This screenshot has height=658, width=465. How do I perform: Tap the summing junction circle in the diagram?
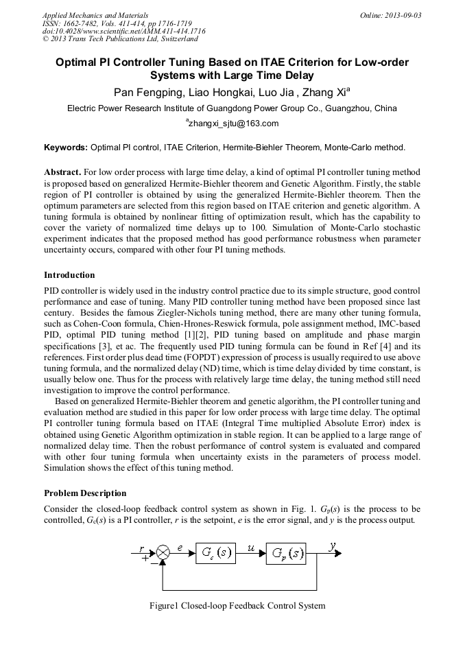point(163,552)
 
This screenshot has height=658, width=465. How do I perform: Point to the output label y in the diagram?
point(333,546)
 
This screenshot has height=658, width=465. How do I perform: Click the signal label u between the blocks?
point(251,548)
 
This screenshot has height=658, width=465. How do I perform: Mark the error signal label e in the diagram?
point(180,548)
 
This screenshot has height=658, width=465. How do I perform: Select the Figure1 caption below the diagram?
point(237,606)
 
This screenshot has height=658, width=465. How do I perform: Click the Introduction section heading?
point(69,275)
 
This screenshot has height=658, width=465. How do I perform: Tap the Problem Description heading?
point(85,493)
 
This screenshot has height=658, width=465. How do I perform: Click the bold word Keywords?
point(66,147)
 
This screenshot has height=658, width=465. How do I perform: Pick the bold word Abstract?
point(62,172)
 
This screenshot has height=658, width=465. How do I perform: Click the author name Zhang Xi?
point(327,92)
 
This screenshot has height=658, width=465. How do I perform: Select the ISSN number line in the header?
point(117,23)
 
